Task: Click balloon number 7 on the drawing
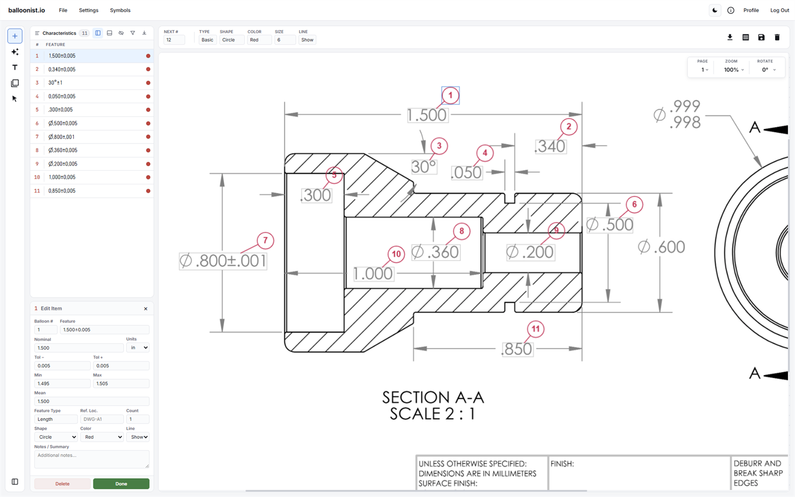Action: [x=265, y=240]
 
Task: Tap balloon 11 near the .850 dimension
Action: [x=535, y=329]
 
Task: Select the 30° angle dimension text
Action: [x=423, y=167]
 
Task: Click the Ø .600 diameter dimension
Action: [x=661, y=247]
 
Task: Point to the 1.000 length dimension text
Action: [x=373, y=274]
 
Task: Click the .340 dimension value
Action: [x=550, y=146]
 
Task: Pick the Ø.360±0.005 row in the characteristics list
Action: [x=92, y=150]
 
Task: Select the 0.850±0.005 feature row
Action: [x=92, y=191]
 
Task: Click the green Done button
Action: [x=121, y=484]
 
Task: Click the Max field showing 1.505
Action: [x=121, y=383]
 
